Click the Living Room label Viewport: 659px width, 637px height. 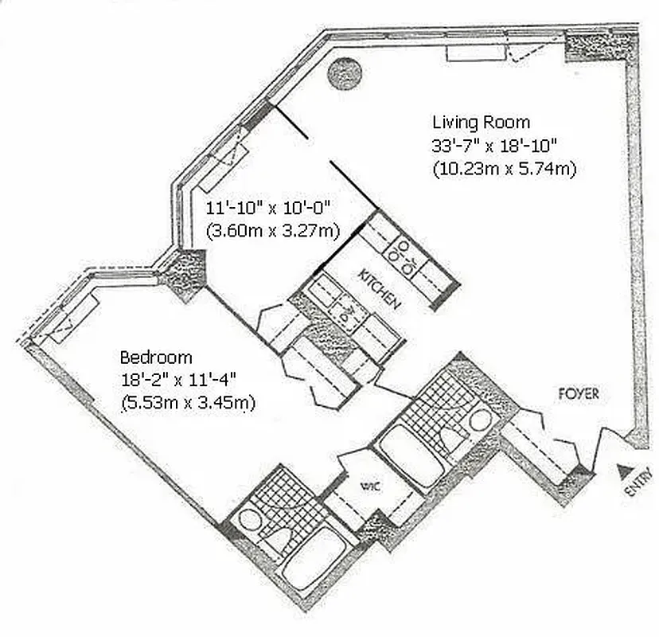coord(481,122)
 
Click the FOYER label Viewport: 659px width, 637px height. coord(578,393)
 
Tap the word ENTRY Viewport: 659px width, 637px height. coord(634,484)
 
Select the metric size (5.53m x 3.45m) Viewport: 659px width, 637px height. coord(188,403)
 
